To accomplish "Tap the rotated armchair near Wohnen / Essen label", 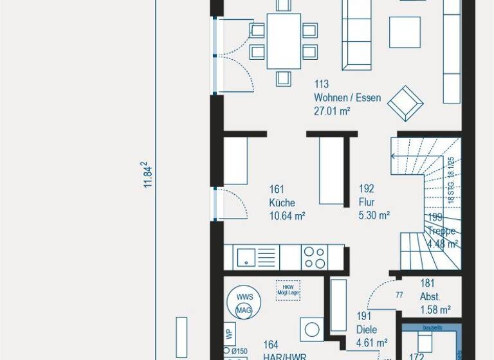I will pyautogui.click(x=405, y=103).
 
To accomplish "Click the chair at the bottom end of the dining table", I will pyautogui.click(x=284, y=78).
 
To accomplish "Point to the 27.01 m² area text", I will pyautogui.click(x=332, y=111).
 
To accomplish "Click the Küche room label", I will pyautogui.click(x=282, y=203).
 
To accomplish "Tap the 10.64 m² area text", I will pyautogui.click(x=287, y=216).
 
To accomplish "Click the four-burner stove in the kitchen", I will pyautogui.click(x=315, y=257).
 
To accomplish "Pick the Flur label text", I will pyautogui.click(x=367, y=203).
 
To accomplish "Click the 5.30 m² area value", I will pyautogui.click(x=374, y=216).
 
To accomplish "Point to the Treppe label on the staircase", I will pyautogui.click(x=443, y=231).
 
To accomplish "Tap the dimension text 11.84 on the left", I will pyautogui.click(x=147, y=175).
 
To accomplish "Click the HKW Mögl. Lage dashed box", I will pyautogui.click(x=288, y=289).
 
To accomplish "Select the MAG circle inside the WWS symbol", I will pyautogui.click(x=243, y=310).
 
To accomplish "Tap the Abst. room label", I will pyautogui.click(x=430, y=297).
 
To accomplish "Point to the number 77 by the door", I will pyautogui.click(x=399, y=296).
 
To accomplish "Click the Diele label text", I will pyautogui.click(x=366, y=330).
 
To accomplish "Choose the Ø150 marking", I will pyautogui.click(x=239, y=350).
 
